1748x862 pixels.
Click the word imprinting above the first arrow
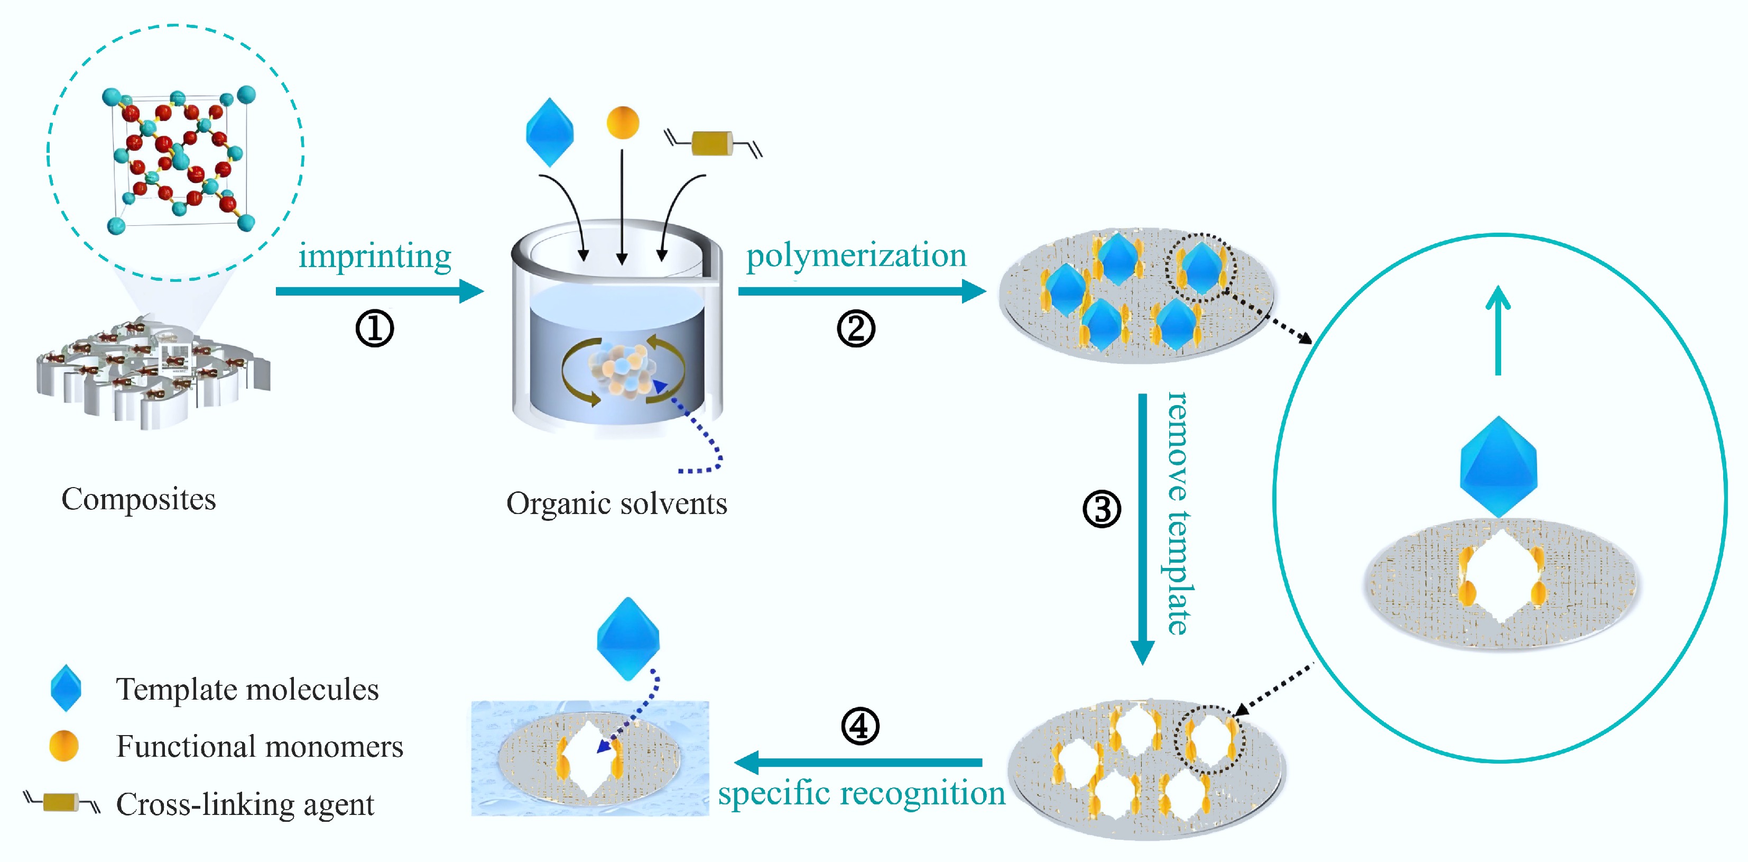click(375, 256)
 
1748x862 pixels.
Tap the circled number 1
click(375, 328)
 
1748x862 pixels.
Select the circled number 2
click(856, 328)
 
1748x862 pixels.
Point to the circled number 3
click(1102, 509)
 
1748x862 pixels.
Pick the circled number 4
click(860, 726)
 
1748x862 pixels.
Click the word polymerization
click(856, 256)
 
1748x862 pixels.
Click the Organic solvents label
click(616, 503)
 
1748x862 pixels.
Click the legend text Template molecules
click(247, 689)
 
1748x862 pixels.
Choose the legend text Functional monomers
click(259, 746)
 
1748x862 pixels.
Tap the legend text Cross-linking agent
click(244, 804)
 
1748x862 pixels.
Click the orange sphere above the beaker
click(622, 123)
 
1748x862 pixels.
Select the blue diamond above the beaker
click(550, 132)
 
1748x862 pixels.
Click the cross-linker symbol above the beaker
click(713, 143)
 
